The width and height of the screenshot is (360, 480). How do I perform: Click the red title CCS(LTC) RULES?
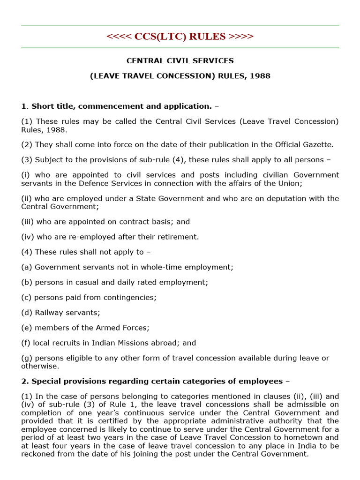pos(180,37)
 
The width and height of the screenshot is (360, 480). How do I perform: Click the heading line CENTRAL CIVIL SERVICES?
pos(180,61)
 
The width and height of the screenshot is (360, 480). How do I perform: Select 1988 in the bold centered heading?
pos(260,76)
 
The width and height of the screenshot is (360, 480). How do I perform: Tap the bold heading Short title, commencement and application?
pos(121,106)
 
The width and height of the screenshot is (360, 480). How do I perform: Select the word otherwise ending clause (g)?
pos(40,366)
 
